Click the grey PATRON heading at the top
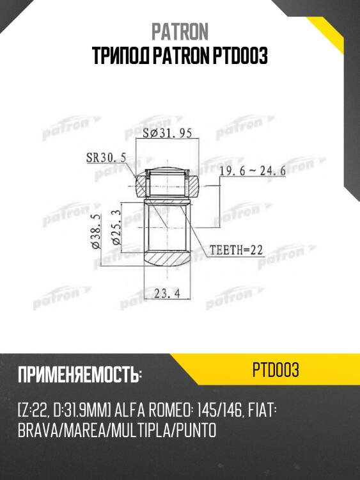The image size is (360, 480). click(x=180, y=31)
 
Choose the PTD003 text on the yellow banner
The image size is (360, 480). click(x=276, y=371)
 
